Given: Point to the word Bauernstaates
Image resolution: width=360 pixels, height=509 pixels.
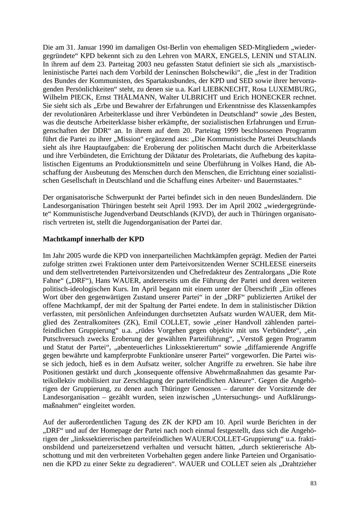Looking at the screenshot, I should click(x=278, y=181).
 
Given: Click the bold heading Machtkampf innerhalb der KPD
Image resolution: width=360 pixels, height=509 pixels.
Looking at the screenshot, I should click(x=93, y=239).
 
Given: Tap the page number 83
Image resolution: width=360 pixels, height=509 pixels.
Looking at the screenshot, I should click(x=313, y=483).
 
